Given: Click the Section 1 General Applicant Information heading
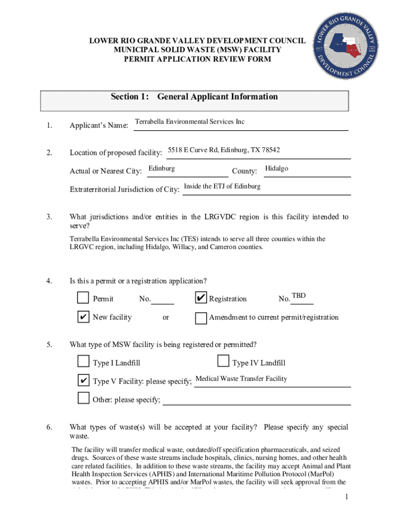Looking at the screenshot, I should tap(194, 97).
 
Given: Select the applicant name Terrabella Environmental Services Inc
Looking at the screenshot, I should tap(189, 122).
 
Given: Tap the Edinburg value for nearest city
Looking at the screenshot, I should tap(161, 169).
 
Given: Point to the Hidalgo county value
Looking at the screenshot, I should tap(276, 169).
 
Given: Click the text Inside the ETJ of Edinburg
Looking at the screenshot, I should tap(222, 186).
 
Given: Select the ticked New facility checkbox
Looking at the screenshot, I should tap(83, 317).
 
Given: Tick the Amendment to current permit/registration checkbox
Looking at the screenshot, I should tap(201, 318).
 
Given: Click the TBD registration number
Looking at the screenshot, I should tap(299, 296).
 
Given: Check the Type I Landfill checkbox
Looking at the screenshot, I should tap(83, 362).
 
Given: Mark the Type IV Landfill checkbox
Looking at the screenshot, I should tap(223, 362).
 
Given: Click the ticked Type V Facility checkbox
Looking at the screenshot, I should tap(83, 380).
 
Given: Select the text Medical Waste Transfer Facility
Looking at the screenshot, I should tap(241, 379).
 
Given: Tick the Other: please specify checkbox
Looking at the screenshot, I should tap(83, 398).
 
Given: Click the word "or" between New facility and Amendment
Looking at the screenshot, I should tap(166, 317).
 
